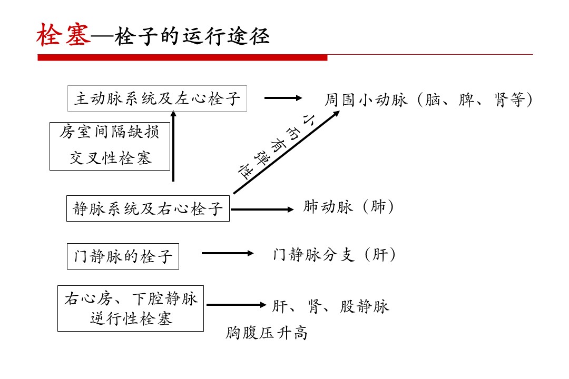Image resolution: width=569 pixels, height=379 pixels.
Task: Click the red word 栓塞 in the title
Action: point(64,35)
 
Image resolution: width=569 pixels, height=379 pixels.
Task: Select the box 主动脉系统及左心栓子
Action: point(157,98)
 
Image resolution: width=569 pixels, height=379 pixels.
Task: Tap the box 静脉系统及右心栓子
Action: point(148,208)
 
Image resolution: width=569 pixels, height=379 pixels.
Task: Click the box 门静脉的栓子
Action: point(123,256)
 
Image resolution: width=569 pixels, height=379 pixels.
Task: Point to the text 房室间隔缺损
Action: point(110,132)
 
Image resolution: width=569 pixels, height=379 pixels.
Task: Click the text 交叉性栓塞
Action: point(110,158)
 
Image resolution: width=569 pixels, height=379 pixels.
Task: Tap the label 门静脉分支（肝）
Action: point(334,255)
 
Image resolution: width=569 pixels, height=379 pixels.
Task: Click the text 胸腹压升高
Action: point(267,333)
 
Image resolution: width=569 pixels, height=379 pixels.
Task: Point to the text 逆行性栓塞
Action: point(131,318)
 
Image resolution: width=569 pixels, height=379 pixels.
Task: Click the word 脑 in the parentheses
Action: point(433,99)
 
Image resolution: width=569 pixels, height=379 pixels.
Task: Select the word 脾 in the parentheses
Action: point(466,99)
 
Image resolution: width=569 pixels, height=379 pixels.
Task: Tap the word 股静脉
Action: point(365,306)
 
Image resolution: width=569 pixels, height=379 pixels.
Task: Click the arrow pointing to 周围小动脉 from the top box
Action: point(283,98)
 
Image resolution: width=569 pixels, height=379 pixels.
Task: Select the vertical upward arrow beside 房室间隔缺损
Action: point(173,146)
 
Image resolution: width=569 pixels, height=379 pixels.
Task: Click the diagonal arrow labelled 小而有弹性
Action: point(286,152)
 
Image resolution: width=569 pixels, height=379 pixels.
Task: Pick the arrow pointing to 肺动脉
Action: point(262,210)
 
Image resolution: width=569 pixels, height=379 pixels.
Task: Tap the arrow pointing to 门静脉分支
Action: point(228,253)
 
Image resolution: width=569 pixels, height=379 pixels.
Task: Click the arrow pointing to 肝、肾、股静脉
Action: point(236,305)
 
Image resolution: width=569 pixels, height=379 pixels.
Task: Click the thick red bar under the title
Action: point(182,58)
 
